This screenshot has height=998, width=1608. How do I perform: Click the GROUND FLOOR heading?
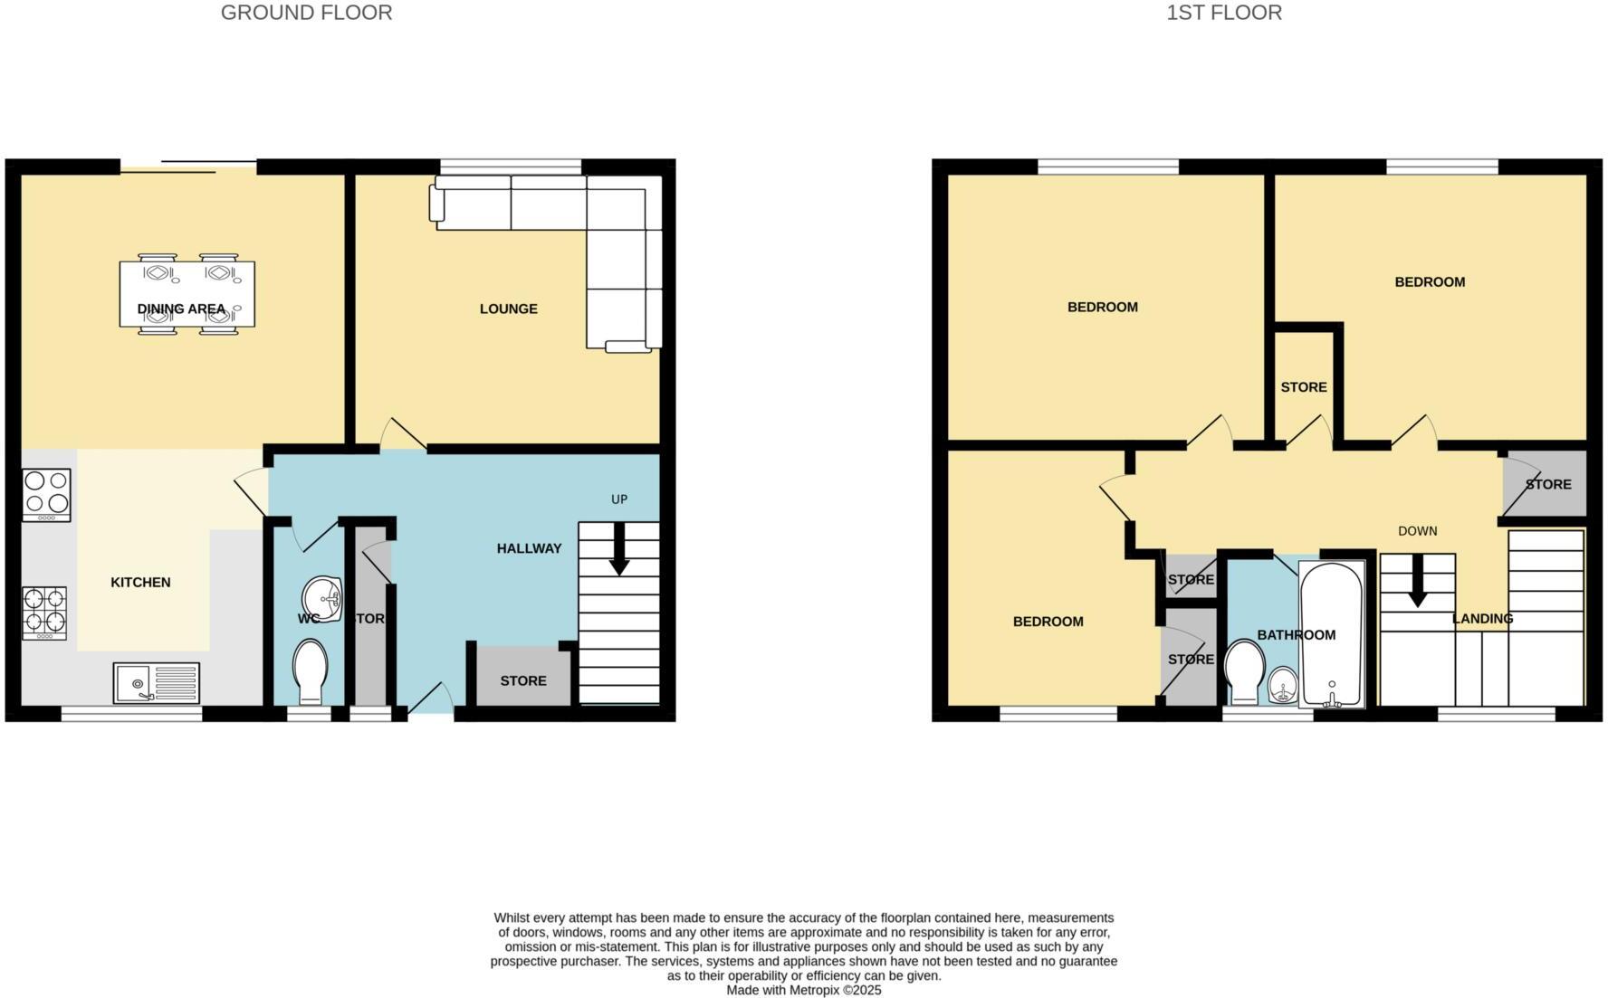[x=306, y=13]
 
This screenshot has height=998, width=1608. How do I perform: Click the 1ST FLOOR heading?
[x=1223, y=13]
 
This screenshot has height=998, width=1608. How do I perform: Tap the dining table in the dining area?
[x=187, y=294]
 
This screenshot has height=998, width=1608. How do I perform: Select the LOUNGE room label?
[x=508, y=309]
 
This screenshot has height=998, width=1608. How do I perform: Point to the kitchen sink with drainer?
[x=156, y=683]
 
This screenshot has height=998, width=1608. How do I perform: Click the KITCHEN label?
[x=140, y=583]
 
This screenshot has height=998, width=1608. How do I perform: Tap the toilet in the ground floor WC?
[x=310, y=670]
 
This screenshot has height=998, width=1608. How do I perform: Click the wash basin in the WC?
[x=322, y=598]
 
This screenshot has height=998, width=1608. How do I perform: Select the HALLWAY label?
[x=529, y=548]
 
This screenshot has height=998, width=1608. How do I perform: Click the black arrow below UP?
[x=619, y=555]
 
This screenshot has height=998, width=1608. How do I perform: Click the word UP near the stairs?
[x=619, y=499]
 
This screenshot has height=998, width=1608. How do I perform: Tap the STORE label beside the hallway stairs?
[x=523, y=680]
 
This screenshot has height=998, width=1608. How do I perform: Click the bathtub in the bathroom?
[x=1330, y=633]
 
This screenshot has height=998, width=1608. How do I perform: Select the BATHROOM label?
[x=1296, y=635]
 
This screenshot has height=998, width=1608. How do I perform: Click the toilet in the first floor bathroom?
[x=1243, y=672]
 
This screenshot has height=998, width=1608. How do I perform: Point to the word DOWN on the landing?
[x=1417, y=531]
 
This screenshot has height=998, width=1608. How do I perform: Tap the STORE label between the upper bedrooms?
[x=1303, y=387]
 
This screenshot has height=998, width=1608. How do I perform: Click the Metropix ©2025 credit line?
[x=803, y=991]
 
